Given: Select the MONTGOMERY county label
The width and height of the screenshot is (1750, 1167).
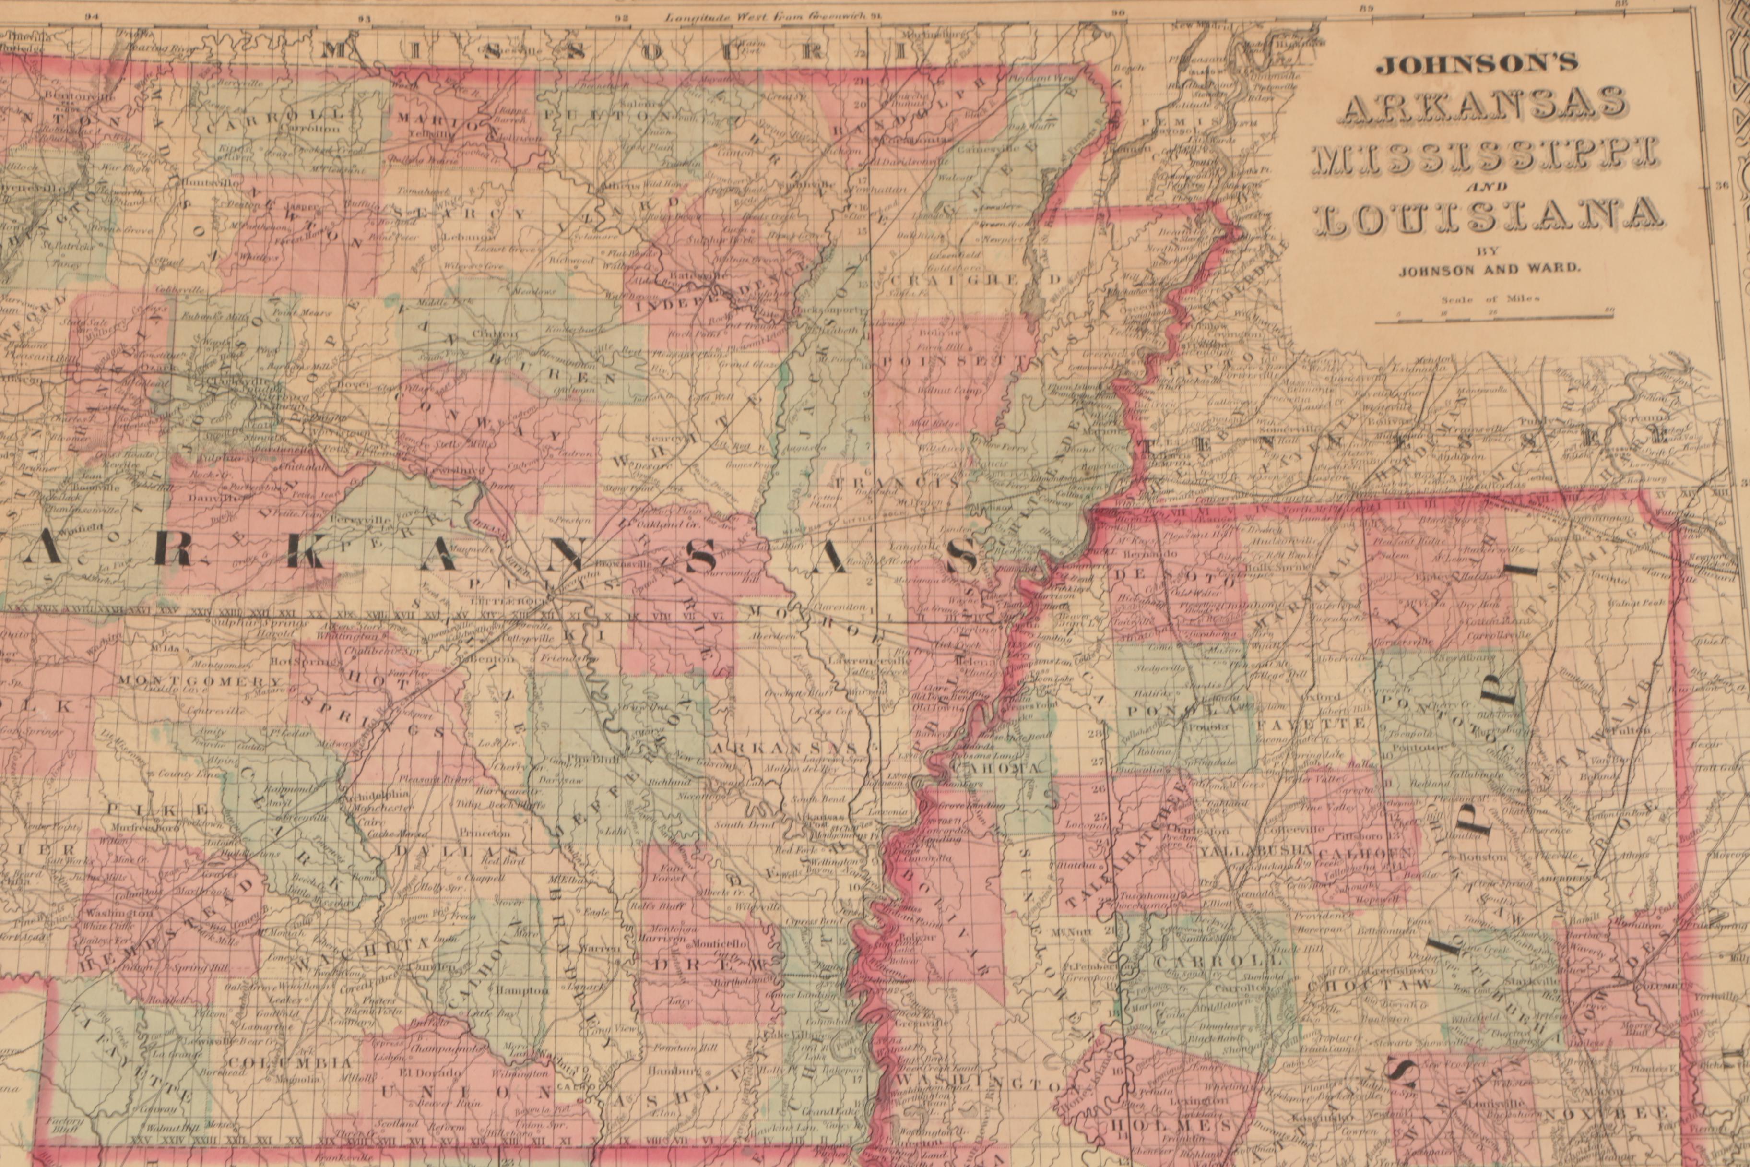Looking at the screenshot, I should coord(200,681).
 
